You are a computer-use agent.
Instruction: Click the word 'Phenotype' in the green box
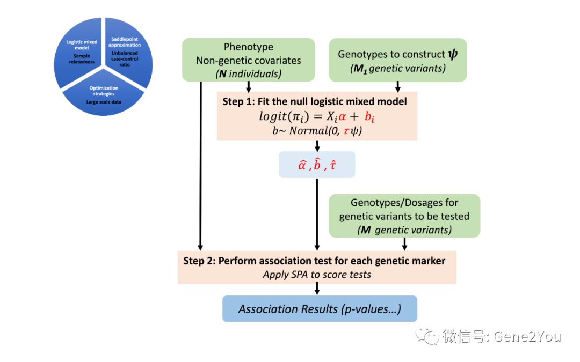pos(248,47)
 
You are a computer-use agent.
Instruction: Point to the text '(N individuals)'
pos(248,74)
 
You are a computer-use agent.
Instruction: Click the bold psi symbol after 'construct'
pos(453,54)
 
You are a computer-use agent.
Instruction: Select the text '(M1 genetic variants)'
pos(397,68)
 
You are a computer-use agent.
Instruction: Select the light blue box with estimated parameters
pos(317,165)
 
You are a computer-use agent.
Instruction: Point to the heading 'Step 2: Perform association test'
pos(314,261)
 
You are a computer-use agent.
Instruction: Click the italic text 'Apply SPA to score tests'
pos(317,275)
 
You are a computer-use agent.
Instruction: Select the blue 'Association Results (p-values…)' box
pos(320,309)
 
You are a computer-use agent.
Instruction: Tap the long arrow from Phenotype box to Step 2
pos(200,166)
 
